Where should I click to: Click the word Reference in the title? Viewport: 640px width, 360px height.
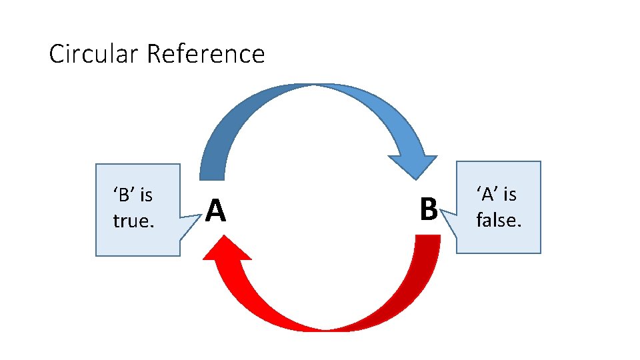pos(205,53)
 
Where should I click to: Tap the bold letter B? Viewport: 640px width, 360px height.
pos(429,209)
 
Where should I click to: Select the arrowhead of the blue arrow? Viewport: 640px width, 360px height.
pos(413,165)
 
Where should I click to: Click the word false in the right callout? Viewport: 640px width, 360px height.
pos(498,219)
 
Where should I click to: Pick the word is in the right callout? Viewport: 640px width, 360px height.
pos(510,194)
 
